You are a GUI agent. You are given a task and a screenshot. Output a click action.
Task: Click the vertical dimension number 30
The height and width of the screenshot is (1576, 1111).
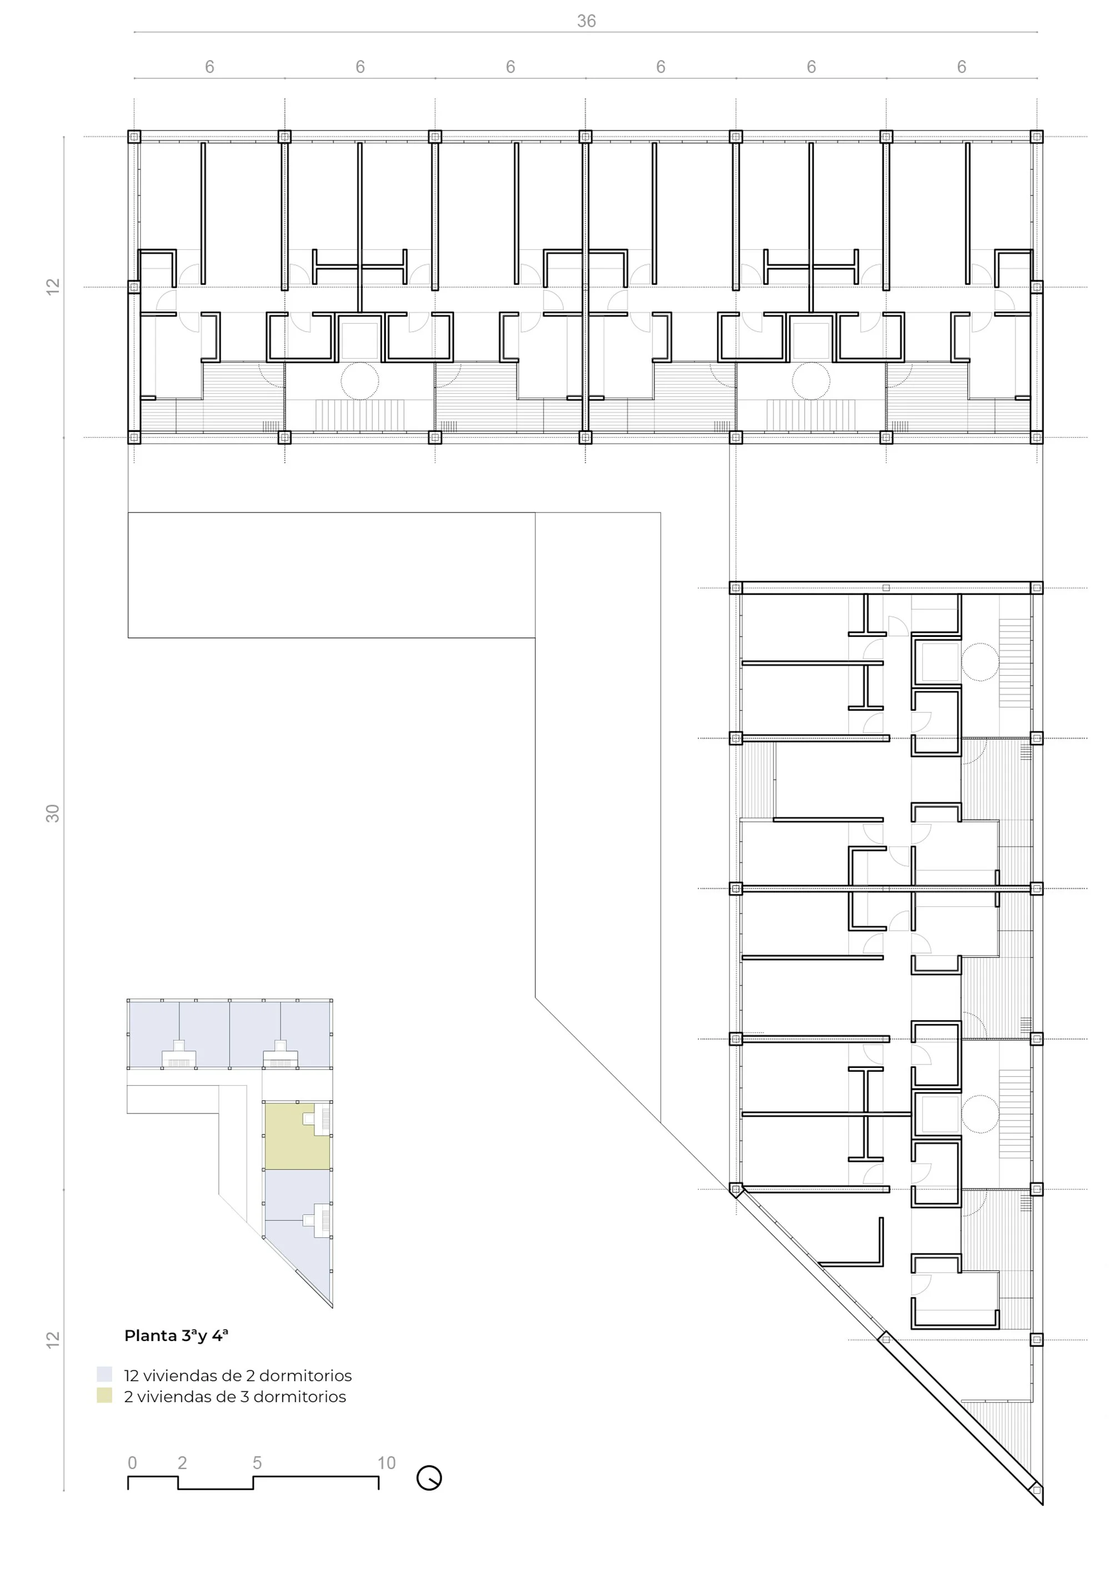[53, 814]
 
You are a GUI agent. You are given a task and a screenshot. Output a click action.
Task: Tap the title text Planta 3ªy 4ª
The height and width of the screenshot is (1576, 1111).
[176, 1335]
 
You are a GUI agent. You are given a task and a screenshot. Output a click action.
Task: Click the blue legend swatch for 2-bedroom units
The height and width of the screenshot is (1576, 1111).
[104, 1374]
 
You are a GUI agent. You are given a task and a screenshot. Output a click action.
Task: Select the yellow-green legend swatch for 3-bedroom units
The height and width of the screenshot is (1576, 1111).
[104, 1396]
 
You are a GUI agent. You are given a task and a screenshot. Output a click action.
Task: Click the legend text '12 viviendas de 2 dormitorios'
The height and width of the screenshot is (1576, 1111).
[238, 1376]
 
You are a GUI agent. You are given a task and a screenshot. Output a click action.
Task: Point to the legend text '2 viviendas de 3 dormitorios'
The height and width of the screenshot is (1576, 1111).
[235, 1396]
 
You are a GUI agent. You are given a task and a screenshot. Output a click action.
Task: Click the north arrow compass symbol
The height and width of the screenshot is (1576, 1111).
[429, 1478]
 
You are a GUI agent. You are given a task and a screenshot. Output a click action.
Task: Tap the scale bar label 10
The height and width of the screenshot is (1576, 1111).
[386, 1463]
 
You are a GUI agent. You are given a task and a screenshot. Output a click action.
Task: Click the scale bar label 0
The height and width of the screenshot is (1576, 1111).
[133, 1463]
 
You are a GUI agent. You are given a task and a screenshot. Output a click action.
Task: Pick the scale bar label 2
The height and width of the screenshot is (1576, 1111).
[182, 1463]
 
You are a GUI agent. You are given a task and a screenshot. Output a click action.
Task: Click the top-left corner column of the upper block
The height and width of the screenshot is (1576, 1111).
[134, 137]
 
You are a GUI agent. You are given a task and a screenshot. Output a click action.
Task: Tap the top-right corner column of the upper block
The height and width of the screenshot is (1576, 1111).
[1037, 137]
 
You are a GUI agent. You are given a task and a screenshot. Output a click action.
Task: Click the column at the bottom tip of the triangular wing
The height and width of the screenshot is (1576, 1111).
[1037, 1490]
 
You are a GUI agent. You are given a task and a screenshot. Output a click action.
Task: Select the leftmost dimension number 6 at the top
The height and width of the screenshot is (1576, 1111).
[209, 67]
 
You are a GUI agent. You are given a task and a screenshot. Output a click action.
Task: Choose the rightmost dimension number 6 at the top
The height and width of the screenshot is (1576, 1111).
[962, 67]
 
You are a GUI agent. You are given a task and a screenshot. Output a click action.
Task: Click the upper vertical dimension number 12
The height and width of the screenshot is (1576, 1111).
[53, 287]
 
